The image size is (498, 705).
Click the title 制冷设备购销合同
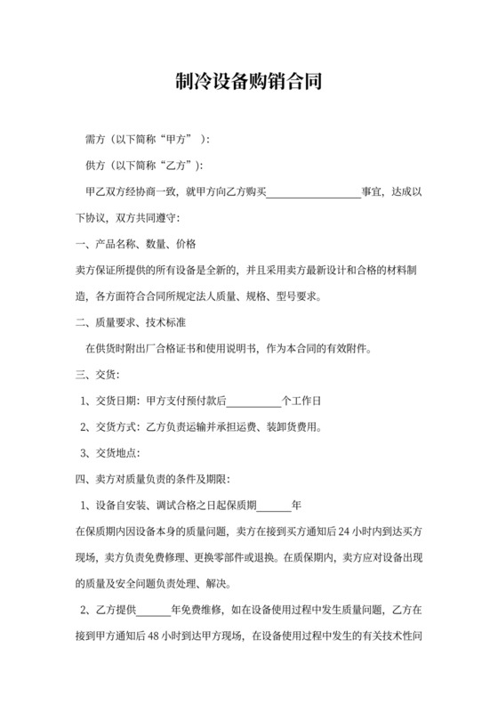point(248,83)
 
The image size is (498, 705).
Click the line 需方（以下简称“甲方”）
point(147,140)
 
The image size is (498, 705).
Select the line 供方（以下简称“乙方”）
point(142,166)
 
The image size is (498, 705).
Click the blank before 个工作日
point(254,400)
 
